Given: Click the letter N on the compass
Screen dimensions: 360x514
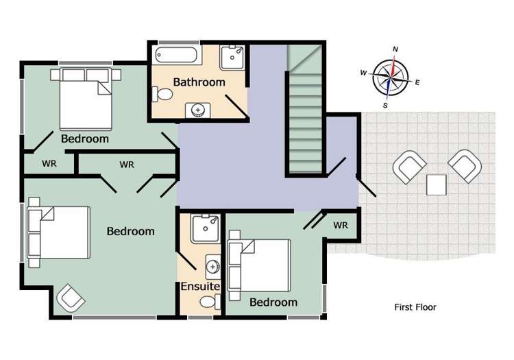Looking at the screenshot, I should [x=395, y=49].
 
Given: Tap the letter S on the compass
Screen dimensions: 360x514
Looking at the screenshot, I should [x=386, y=106].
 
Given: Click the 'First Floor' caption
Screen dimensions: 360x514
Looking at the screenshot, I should [x=415, y=307].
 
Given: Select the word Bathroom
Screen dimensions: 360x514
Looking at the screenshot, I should [x=199, y=82].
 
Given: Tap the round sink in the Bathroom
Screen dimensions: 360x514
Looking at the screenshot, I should [x=199, y=110].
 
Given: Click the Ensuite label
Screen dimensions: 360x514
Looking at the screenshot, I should [x=200, y=287].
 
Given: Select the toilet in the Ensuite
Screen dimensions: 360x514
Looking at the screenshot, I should [x=208, y=302].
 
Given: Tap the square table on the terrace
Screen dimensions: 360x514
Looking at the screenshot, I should [x=437, y=184].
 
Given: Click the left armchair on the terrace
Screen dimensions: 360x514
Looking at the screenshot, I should [x=409, y=167].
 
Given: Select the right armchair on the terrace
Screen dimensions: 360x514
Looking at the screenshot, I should [x=465, y=165].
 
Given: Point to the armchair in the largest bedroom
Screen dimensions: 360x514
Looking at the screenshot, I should [x=71, y=298].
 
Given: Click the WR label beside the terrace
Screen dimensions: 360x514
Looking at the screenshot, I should [x=341, y=225].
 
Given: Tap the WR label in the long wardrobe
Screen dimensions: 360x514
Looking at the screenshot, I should [x=127, y=165].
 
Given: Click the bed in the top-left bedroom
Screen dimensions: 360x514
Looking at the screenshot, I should [x=86, y=98].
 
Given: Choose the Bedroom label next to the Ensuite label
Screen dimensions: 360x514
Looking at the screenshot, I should [x=273, y=302].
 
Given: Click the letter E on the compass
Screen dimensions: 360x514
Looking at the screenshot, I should [x=417, y=82].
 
